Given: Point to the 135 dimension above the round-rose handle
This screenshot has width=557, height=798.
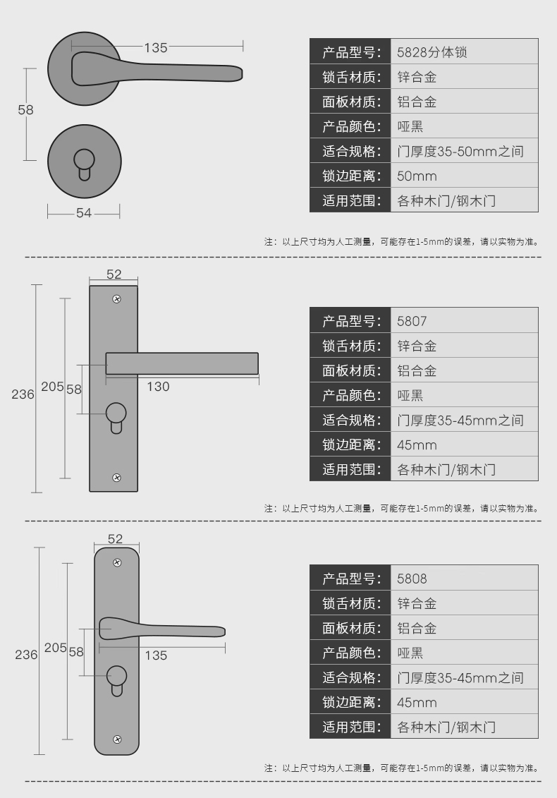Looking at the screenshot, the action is pos(156,48).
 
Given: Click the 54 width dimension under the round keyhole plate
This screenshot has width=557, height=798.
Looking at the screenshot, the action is pos(84,212).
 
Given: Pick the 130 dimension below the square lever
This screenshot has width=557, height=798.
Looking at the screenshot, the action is pos(158,386).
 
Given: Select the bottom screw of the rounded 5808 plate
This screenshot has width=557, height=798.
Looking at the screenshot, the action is pos(117,739).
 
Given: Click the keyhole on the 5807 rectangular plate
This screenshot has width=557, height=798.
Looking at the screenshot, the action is pos(116,415).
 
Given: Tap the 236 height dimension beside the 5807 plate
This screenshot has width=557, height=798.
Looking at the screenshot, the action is pos(23,394).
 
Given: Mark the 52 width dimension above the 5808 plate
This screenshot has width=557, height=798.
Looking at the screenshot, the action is pos(115,539).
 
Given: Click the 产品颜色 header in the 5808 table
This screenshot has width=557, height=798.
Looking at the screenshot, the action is pos(350,653).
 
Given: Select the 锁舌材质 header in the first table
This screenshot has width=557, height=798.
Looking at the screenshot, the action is pos(350,77).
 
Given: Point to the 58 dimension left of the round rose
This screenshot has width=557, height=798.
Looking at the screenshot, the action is pos(25,110).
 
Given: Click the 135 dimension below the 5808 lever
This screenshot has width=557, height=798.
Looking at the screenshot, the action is pos(156,655).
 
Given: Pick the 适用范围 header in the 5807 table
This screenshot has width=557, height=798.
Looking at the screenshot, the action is pos(350,469).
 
